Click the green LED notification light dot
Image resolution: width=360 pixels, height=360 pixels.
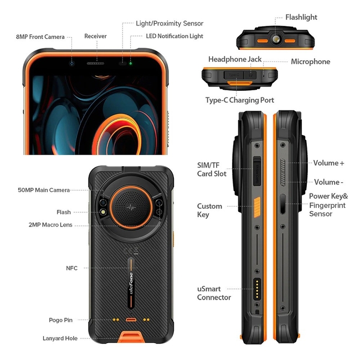[x=131, y=63]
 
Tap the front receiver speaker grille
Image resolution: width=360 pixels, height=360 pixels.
[x=95, y=63]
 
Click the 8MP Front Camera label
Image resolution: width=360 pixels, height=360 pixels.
[x=40, y=37]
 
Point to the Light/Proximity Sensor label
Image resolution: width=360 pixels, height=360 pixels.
[x=169, y=23]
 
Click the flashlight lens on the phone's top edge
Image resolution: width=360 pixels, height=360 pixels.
[x=276, y=39]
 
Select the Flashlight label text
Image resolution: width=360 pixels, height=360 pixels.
[x=301, y=17]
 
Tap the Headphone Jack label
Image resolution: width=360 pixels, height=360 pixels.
[x=235, y=59]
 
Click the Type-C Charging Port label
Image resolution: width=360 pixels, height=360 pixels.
[x=240, y=100]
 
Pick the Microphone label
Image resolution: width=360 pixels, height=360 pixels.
[x=310, y=61]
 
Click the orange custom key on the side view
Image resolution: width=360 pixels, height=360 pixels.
[x=257, y=207]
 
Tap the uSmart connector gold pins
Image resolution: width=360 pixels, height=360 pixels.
[x=257, y=289]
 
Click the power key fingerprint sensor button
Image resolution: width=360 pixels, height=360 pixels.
[x=283, y=204]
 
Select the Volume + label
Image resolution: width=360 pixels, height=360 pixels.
[x=328, y=163]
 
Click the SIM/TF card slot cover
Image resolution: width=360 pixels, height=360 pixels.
[x=257, y=171]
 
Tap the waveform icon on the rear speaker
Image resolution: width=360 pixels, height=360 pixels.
[x=131, y=208]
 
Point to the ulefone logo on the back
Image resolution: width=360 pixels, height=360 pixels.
[x=131, y=283]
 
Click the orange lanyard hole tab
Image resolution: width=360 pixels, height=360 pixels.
[x=130, y=337]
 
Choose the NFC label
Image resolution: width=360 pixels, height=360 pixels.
[x=71, y=268]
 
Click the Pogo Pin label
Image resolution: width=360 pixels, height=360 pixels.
[x=60, y=320]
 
